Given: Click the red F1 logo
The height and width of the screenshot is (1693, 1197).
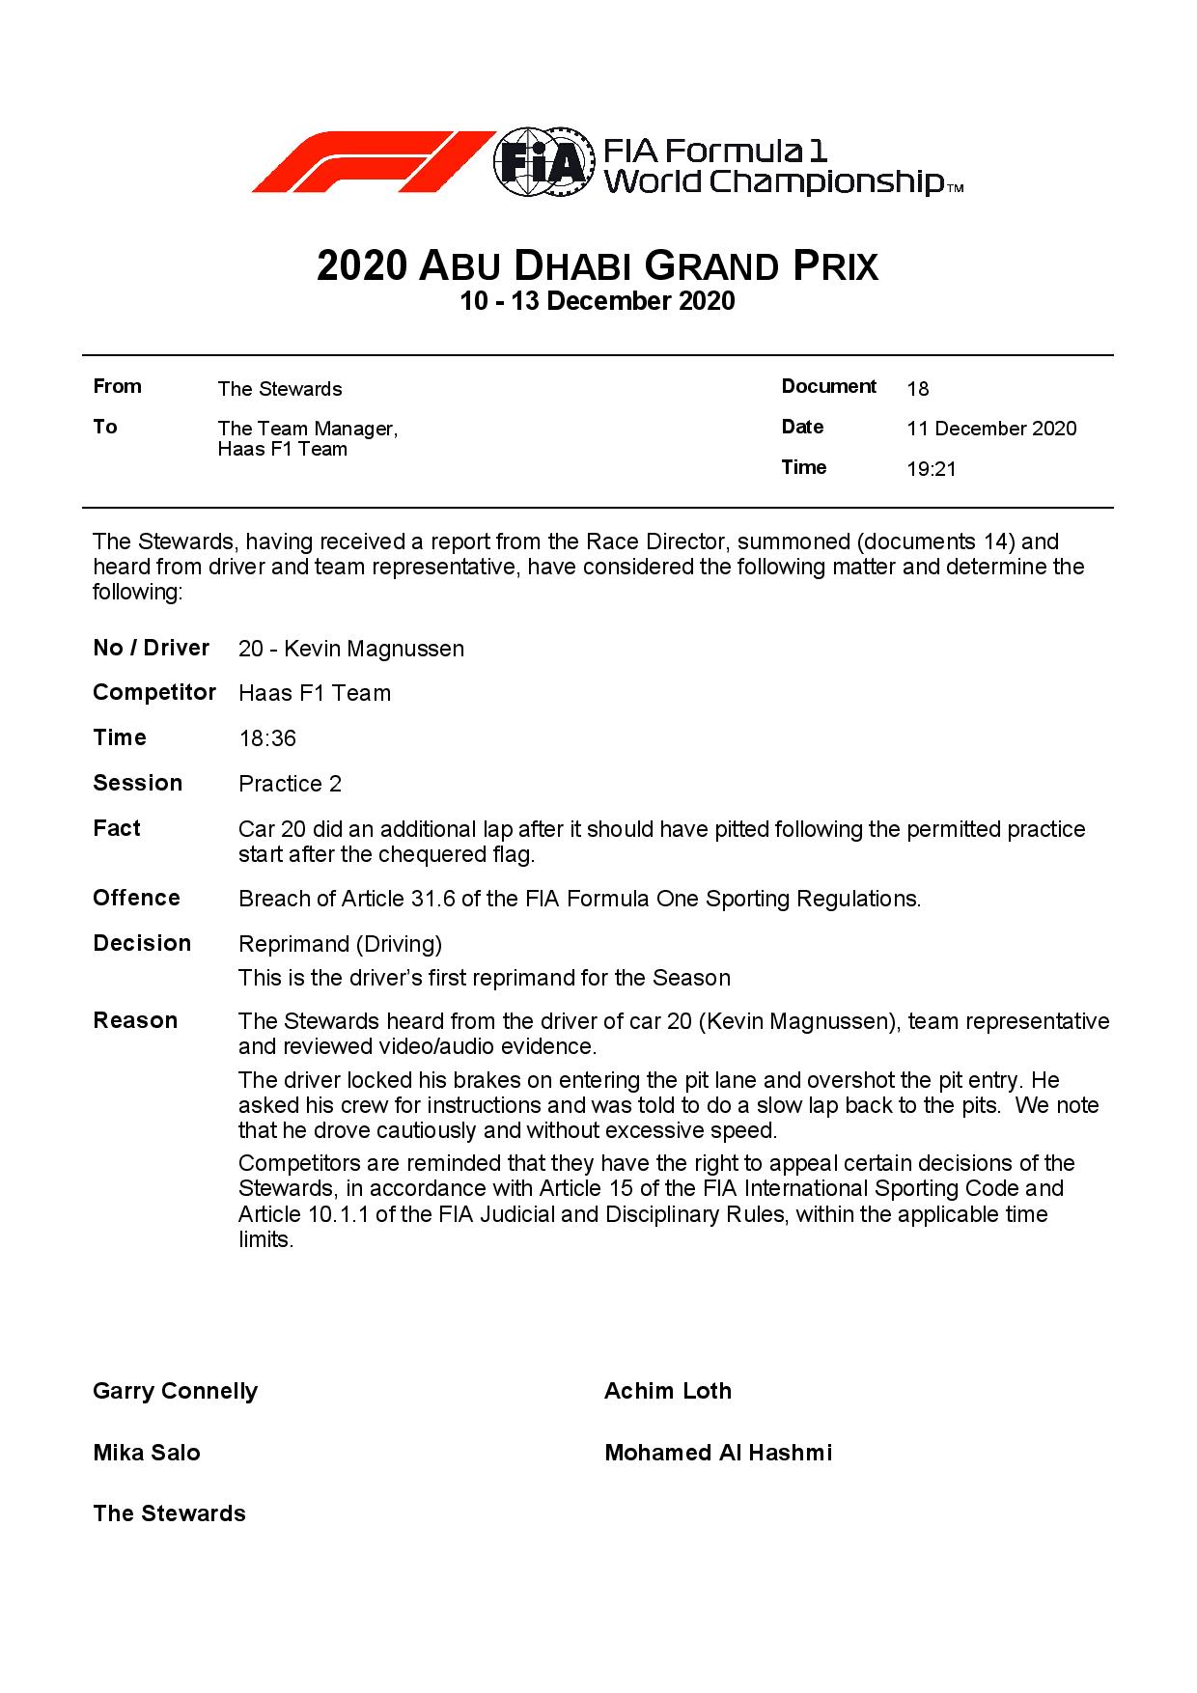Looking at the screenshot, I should click(x=372, y=161).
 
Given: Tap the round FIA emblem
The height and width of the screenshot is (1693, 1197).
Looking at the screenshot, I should click(x=543, y=162).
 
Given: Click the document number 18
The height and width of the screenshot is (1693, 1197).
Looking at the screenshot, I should click(x=918, y=389).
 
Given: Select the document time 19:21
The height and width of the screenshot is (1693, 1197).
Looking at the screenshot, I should click(x=932, y=469).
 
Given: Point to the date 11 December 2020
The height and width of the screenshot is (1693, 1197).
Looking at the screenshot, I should click(x=991, y=429).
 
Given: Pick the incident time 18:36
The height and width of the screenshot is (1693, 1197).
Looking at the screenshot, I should click(x=267, y=738).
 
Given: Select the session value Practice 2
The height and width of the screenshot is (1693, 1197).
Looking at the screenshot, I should click(x=290, y=784).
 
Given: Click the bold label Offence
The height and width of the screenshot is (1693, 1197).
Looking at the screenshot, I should click(x=136, y=898).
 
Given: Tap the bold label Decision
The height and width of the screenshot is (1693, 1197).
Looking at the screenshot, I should click(x=142, y=943).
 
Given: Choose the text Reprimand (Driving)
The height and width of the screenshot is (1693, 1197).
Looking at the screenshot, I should click(x=340, y=944).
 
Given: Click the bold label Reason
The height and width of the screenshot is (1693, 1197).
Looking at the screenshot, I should click(x=135, y=1020).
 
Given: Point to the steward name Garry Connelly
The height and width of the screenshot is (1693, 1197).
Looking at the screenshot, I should click(x=176, y=1391).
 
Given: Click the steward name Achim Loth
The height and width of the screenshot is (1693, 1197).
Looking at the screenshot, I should click(x=668, y=1391).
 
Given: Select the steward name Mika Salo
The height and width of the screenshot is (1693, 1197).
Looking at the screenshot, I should click(x=147, y=1453).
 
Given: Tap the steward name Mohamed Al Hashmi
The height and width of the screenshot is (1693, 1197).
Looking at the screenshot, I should click(x=718, y=1453).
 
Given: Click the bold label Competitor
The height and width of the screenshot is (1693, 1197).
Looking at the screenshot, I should click(x=154, y=692).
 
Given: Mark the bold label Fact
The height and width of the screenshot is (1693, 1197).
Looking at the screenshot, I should click(x=117, y=828).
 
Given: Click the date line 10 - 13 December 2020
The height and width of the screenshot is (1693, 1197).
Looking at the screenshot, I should click(x=598, y=301).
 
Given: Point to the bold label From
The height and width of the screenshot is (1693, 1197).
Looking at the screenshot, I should click(x=118, y=386).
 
